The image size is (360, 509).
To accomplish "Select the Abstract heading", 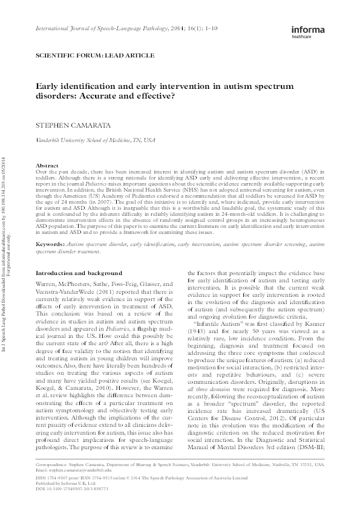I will (x=48, y=165).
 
